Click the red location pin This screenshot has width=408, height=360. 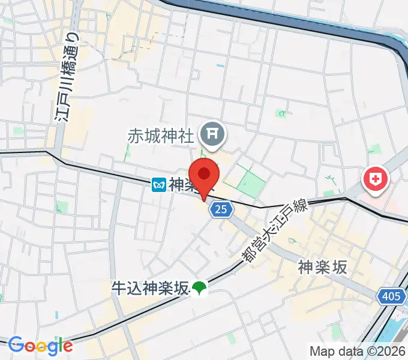point(205,175)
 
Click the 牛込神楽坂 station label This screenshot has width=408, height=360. point(149,289)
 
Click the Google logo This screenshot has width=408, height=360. point(40,345)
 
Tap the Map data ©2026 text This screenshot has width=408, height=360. point(358,351)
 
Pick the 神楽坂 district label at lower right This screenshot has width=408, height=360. point(322,268)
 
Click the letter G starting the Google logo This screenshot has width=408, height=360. point(16,345)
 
